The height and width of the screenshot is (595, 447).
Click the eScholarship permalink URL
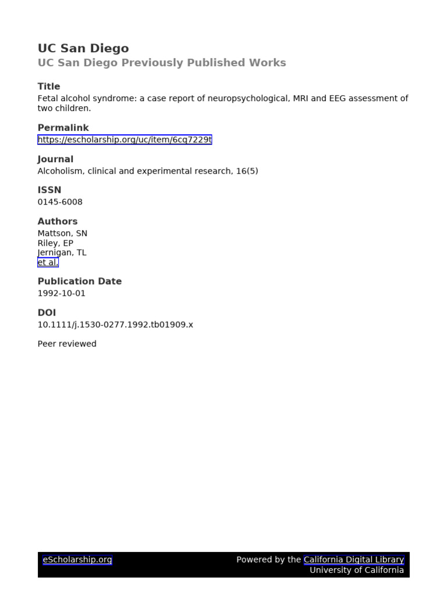click(x=125, y=139)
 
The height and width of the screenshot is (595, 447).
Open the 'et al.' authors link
click(x=48, y=263)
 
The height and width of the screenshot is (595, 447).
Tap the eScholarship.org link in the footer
click(x=77, y=560)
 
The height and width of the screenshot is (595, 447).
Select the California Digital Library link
click(x=354, y=560)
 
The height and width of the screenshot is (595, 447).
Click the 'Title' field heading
click(x=49, y=87)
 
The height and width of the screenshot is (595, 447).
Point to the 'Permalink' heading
click(x=63, y=128)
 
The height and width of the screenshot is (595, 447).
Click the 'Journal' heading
click(x=55, y=159)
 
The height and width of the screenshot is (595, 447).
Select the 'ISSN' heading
click(x=49, y=190)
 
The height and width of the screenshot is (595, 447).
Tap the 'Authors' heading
click(x=58, y=221)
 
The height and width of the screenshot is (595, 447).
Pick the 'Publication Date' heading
click(x=80, y=281)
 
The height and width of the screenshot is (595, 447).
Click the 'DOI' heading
click(x=47, y=313)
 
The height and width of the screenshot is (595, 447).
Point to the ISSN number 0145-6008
click(x=60, y=202)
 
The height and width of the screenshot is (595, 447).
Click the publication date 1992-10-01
click(x=61, y=293)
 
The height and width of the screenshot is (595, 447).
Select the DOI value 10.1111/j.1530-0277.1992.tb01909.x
click(x=115, y=325)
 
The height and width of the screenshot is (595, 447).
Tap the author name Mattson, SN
click(x=62, y=234)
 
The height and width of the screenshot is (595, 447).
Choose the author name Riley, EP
click(x=55, y=243)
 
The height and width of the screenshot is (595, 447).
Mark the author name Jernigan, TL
click(x=62, y=253)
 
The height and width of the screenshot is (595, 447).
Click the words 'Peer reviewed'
click(x=67, y=344)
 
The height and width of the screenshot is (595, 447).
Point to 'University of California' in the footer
click(x=356, y=570)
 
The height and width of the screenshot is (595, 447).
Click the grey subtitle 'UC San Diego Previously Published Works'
click(x=162, y=63)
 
